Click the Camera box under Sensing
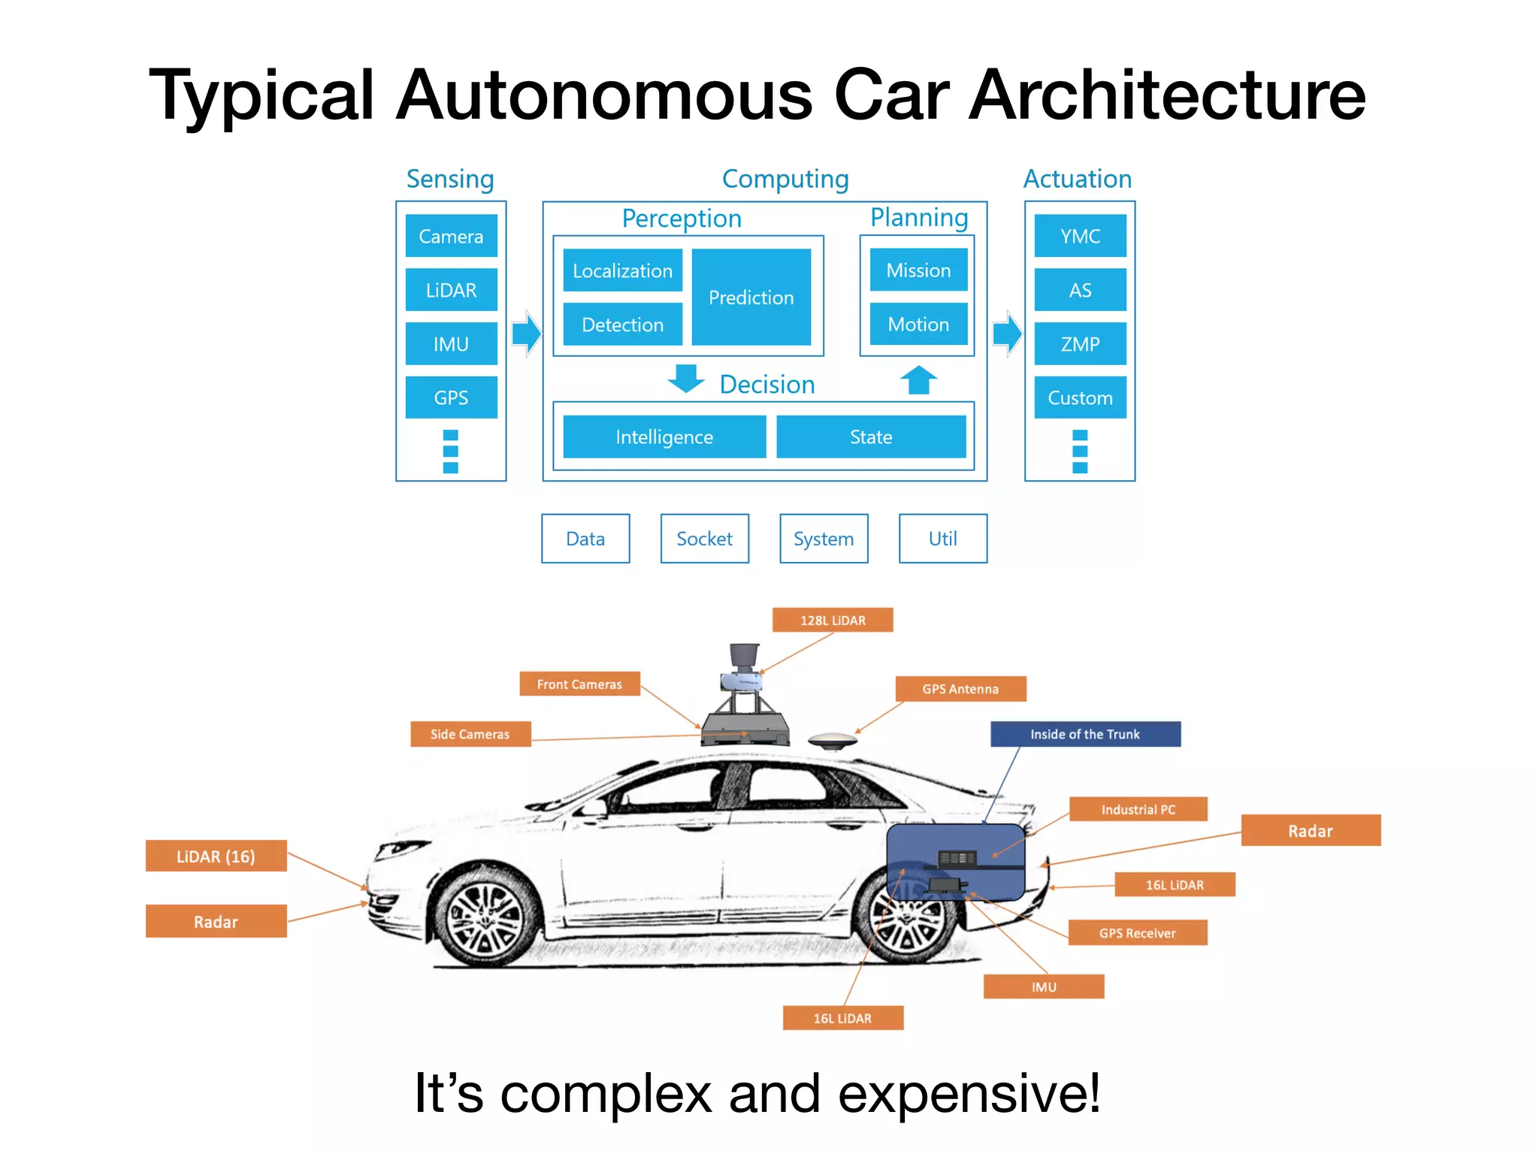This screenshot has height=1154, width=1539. pos(451,236)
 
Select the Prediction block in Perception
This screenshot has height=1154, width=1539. pos(751,298)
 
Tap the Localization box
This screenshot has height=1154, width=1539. pos(622,270)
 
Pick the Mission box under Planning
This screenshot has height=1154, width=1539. pos(918,270)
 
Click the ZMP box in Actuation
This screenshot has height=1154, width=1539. pos(1080,344)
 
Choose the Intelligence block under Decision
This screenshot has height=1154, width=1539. pos(664,437)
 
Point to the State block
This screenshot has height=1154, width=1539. pos(871,437)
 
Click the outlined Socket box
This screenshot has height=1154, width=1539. pos(704,539)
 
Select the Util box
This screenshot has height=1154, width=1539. pos(942,539)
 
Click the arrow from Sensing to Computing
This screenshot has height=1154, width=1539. pos(526,333)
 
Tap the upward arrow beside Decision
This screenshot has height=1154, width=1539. pos(918,380)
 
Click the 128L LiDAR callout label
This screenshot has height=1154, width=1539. pos(833,621)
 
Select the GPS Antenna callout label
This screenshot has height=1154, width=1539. pos(960,689)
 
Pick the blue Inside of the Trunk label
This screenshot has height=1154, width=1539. pos(1085,734)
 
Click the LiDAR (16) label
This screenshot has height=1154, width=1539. pos(216,856)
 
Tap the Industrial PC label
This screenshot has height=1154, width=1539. pos(1138,809)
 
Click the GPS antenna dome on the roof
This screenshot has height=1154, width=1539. pos(833,740)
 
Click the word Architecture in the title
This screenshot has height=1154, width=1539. pos(1167,95)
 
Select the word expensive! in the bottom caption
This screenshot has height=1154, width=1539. pos(969,1093)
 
